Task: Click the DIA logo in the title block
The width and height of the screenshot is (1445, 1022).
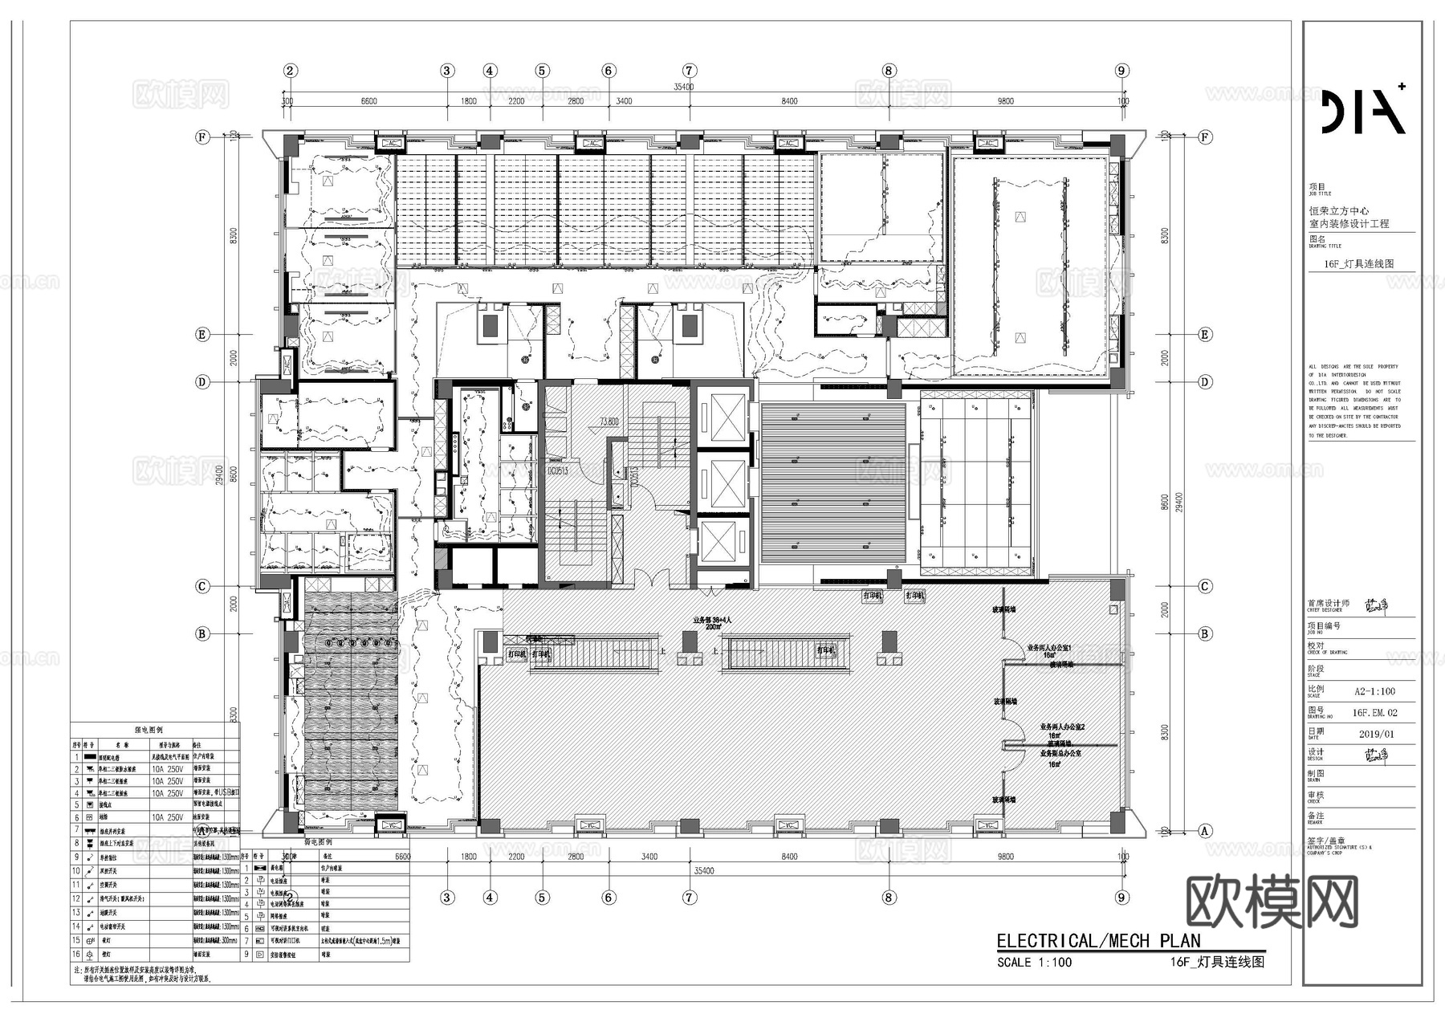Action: click(1363, 109)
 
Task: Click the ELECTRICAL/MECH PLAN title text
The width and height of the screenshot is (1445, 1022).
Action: click(1098, 941)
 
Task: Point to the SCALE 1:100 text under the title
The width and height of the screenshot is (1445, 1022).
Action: click(1034, 962)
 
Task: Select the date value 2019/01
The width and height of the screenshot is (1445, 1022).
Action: click(1377, 734)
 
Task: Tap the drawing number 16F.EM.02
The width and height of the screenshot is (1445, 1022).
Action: click(1374, 712)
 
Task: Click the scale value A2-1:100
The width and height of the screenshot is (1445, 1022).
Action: click(1374, 690)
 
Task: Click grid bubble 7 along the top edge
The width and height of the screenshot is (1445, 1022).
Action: click(689, 71)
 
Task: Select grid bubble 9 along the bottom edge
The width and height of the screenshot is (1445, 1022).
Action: click(1122, 898)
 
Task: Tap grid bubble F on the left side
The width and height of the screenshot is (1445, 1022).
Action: click(202, 137)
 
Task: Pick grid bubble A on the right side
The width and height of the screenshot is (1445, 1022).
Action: click(1204, 831)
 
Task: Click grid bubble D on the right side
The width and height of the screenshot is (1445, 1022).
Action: click(1204, 382)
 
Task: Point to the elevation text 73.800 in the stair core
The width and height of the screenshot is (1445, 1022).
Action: click(609, 421)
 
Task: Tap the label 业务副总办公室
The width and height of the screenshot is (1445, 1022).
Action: click(1060, 754)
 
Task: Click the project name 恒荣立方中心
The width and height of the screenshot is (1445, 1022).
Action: click(1339, 211)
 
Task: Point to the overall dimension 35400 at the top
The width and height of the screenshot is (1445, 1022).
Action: click(683, 87)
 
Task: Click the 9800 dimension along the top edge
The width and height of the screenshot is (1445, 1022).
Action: click(1005, 101)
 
